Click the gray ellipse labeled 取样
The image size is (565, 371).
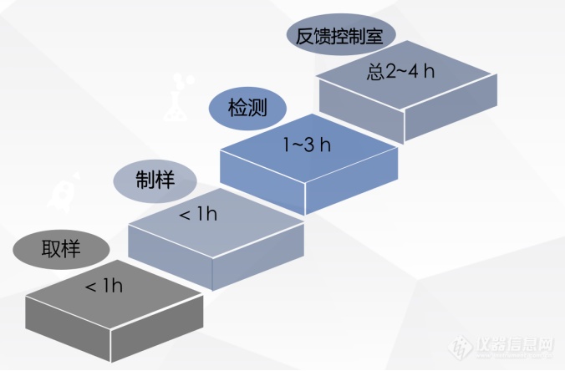(x=61, y=249)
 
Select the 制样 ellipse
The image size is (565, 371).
(x=155, y=180)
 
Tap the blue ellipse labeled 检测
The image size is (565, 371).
(x=247, y=108)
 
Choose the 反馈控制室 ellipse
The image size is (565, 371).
(x=341, y=35)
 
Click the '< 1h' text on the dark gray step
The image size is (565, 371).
(x=104, y=286)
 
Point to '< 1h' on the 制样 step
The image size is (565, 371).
(x=198, y=214)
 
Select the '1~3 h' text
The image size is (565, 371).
(x=307, y=145)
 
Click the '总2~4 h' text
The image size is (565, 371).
(x=400, y=71)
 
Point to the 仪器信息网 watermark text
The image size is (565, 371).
(x=515, y=345)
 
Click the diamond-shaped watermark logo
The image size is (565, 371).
(x=461, y=347)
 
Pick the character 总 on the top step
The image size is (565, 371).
(x=375, y=71)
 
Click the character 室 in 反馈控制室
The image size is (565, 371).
(x=374, y=36)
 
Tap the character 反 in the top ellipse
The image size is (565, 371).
(x=304, y=36)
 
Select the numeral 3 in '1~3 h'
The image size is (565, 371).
(x=308, y=145)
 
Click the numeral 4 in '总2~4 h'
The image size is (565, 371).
(x=413, y=70)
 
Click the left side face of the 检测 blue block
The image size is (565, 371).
(x=262, y=182)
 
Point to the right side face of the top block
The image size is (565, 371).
(x=450, y=107)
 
